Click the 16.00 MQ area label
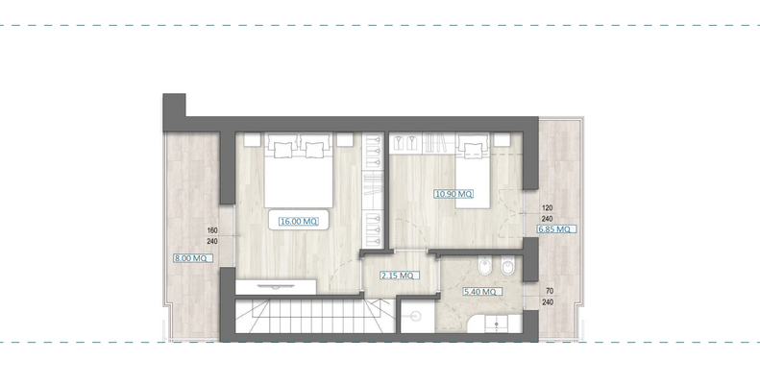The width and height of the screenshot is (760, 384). [x=298, y=221]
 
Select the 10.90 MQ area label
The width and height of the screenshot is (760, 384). [x=454, y=194]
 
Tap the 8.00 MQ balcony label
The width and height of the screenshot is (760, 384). [x=190, y=257]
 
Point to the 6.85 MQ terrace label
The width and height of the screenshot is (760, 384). [x=555, y=228]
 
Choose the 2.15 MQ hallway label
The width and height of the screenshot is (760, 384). [x=397, y=276]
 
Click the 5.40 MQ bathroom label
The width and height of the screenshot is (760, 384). [x=478, y=291]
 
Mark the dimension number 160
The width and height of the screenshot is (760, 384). [x=212, y=230]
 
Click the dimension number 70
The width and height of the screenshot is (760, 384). [x=550, y=290]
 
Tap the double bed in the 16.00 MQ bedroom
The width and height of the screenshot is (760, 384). [x=298, y=173]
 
